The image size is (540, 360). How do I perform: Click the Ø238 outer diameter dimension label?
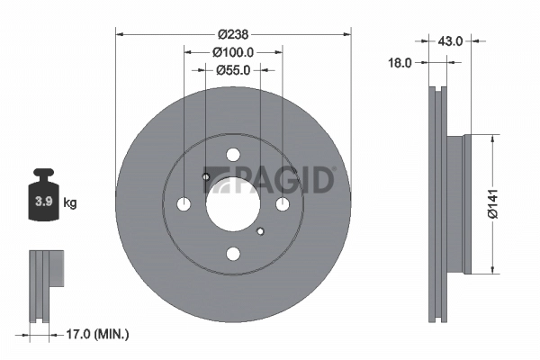point(234,34)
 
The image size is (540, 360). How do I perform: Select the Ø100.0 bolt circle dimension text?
point(233,52)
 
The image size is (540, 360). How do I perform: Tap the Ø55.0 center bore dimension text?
point(233,69)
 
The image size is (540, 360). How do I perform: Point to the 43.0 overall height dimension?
point(450,40)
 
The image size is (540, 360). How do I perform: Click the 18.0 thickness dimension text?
point(400,63)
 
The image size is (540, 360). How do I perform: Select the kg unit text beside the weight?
point(70,203)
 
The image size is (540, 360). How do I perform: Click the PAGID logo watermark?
point(279,180)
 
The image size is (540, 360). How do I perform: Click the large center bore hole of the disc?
point(233,204)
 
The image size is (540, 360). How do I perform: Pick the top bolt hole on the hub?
point(233,155)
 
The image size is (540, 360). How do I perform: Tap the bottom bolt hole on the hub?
point(233,255)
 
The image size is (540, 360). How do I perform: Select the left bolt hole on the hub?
point(184,204)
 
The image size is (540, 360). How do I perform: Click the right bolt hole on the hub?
point(283,204)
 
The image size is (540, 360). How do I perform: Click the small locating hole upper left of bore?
point(206,176)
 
